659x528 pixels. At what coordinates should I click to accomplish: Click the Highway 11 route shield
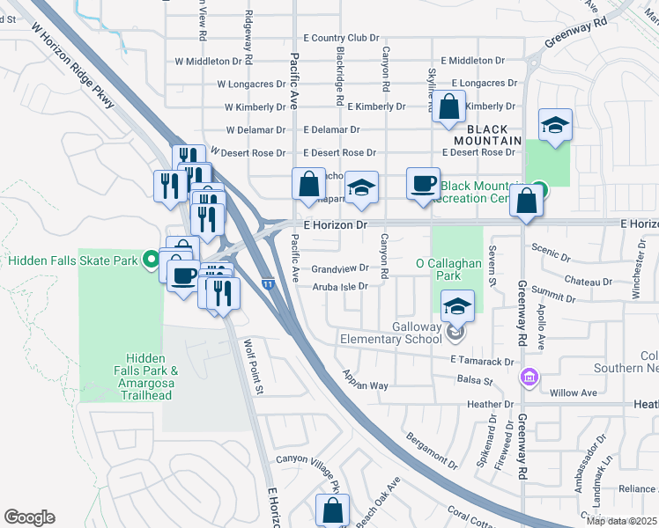tap(267, 284)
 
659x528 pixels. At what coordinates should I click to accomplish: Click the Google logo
tap(29, 517)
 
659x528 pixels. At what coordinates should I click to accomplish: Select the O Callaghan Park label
tap(439, 269)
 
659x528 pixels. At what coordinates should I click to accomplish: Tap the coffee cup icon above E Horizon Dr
tap(423, 184)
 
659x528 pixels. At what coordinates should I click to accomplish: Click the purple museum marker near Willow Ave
tap(529, 378)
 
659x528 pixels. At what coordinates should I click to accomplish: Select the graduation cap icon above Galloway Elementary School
tap(458, 305)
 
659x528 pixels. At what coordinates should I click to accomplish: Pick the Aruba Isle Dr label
tap(337, 285)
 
